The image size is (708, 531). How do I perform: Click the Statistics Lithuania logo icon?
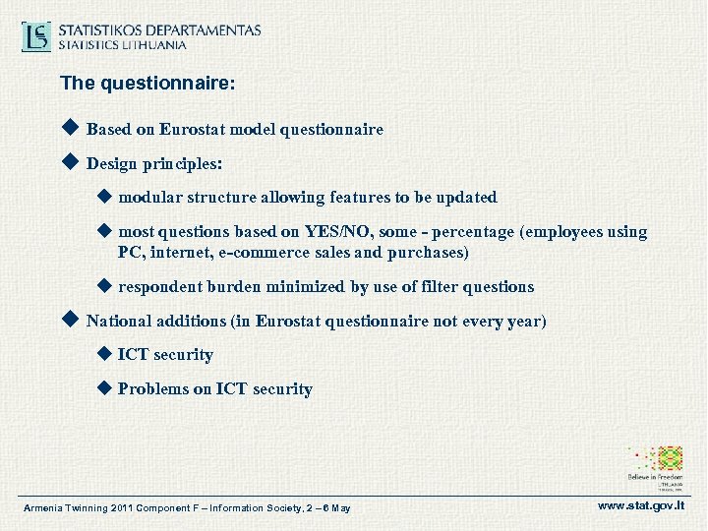pyautogui.click(x=37, y=36)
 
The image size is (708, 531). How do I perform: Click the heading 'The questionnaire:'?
pyautogui.click(x=147, y=85)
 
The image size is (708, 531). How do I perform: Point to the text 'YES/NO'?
pyautogui.click(x=330, y=233)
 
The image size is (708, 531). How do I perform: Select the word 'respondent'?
pyautogui.click(x=159, y=287)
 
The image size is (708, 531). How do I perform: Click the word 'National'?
pyautogui.click(x=119, y=321)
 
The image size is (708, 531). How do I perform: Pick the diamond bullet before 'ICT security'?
pyautogui.click(x=105, y=354)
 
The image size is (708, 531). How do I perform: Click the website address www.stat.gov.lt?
pyautogui.click(x=640, y=505)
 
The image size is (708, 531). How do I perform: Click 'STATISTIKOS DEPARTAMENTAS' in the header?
pyautogui.click(x=159, y=29)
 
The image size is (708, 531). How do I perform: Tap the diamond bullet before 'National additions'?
pyautogui.click(x=69, y=320)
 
